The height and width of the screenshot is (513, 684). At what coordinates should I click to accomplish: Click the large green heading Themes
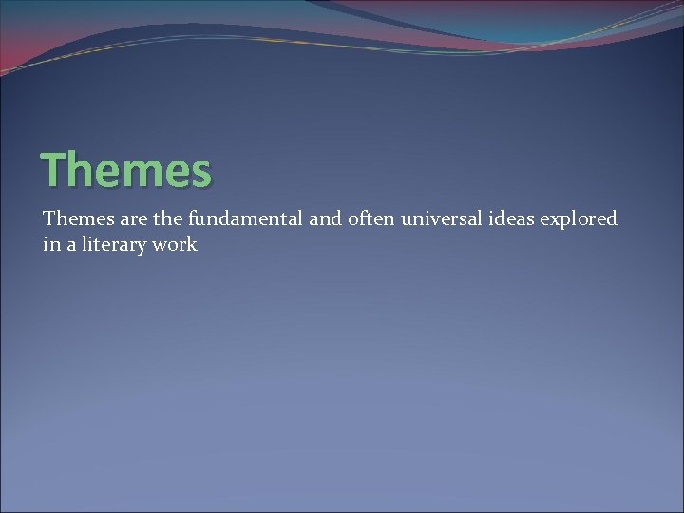click(x=126, y=170)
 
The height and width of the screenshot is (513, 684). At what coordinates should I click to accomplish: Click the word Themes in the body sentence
click(x=77, y=219)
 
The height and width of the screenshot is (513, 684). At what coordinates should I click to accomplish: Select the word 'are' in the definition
click(x=133, y=219)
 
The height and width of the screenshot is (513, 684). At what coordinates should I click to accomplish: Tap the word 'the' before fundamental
click(x=169, y=219)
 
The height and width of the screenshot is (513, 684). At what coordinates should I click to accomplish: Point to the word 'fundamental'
click(x=245, y=219)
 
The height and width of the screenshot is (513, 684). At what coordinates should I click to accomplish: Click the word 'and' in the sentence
click(x=325, y=219)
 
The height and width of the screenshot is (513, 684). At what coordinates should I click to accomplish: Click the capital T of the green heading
click(x=54, y=170)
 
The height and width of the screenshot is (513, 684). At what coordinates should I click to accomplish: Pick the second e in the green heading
click(x=176, y=173)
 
